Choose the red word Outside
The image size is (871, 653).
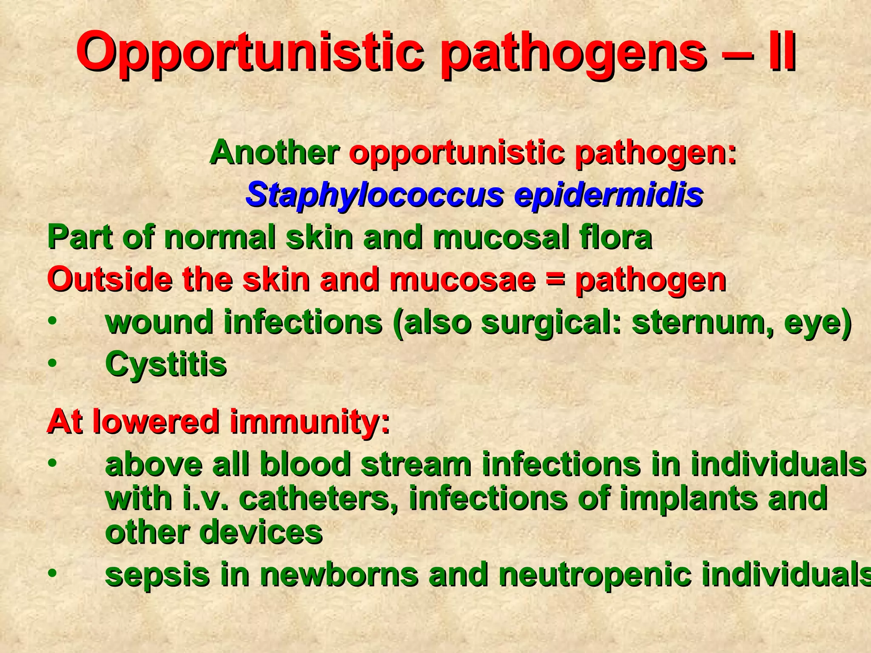click(x=111, y=279)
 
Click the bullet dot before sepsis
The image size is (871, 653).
click(x=52, y=574)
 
